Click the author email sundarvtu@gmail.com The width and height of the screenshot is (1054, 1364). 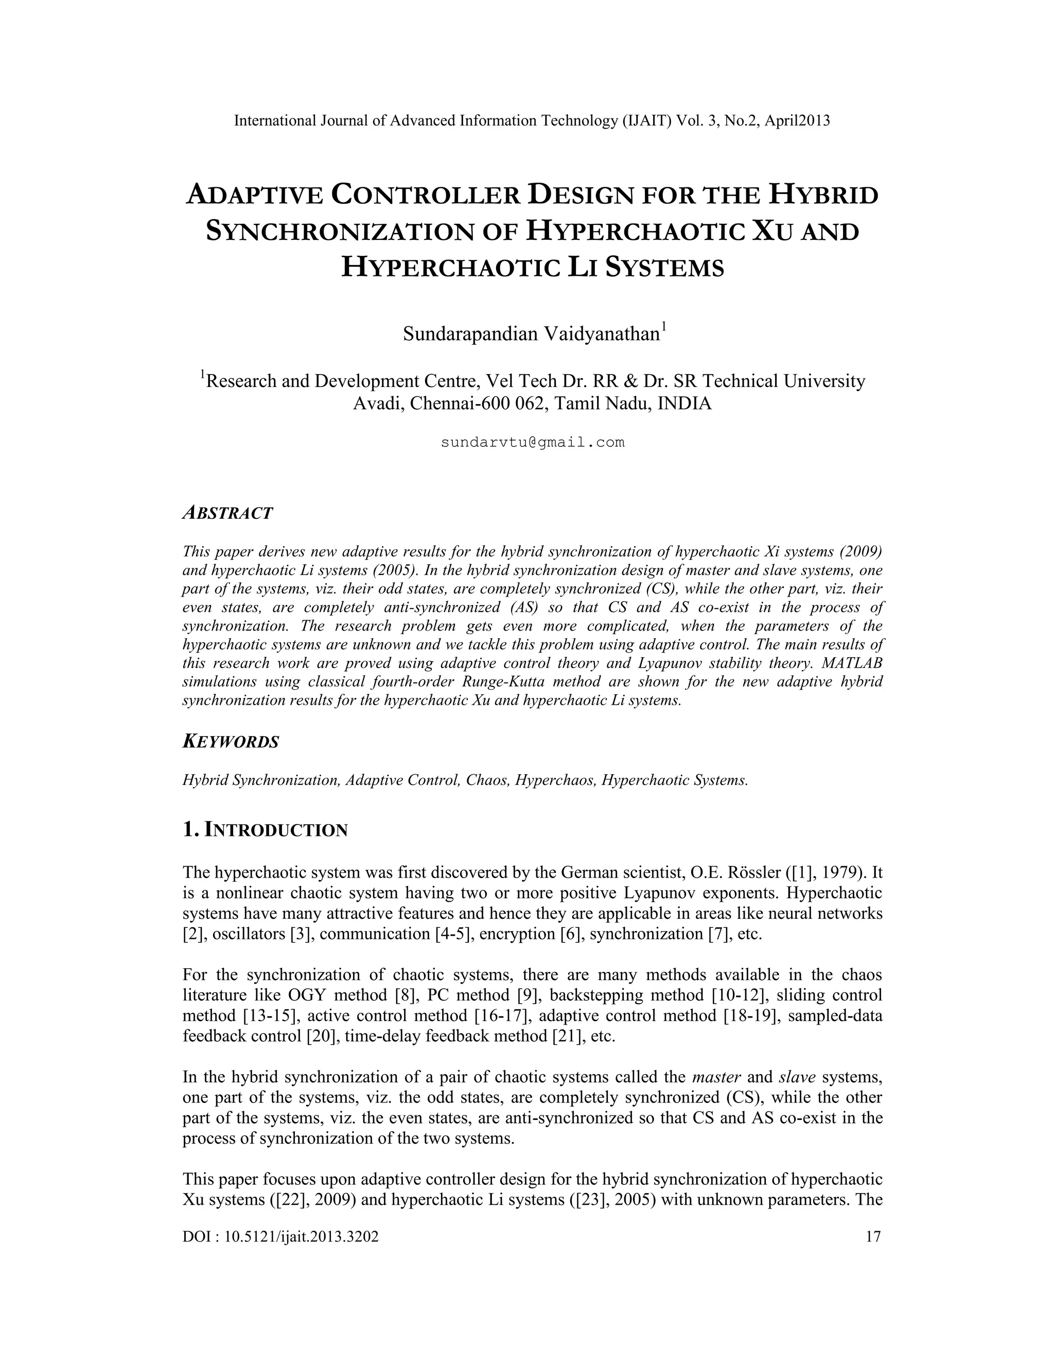click(532, 443)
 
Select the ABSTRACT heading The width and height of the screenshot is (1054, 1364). click(228, 513)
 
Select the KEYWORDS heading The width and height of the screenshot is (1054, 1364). click(231, 742)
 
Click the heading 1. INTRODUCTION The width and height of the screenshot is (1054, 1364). click(265, 830)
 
